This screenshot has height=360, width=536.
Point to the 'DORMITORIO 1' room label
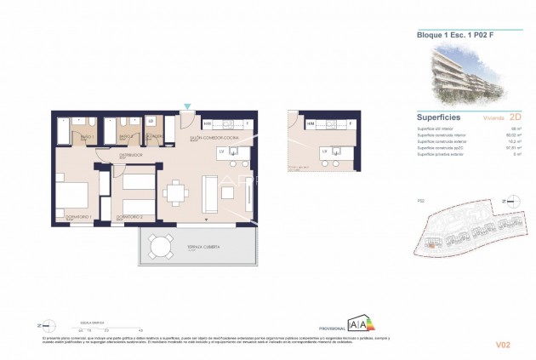pos(79,219)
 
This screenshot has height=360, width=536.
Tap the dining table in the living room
pos(175,194)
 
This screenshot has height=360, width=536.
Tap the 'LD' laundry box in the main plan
pos(151,120)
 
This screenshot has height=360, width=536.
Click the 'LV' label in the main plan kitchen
pos(222,151)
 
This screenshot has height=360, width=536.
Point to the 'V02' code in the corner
pos(502,345)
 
